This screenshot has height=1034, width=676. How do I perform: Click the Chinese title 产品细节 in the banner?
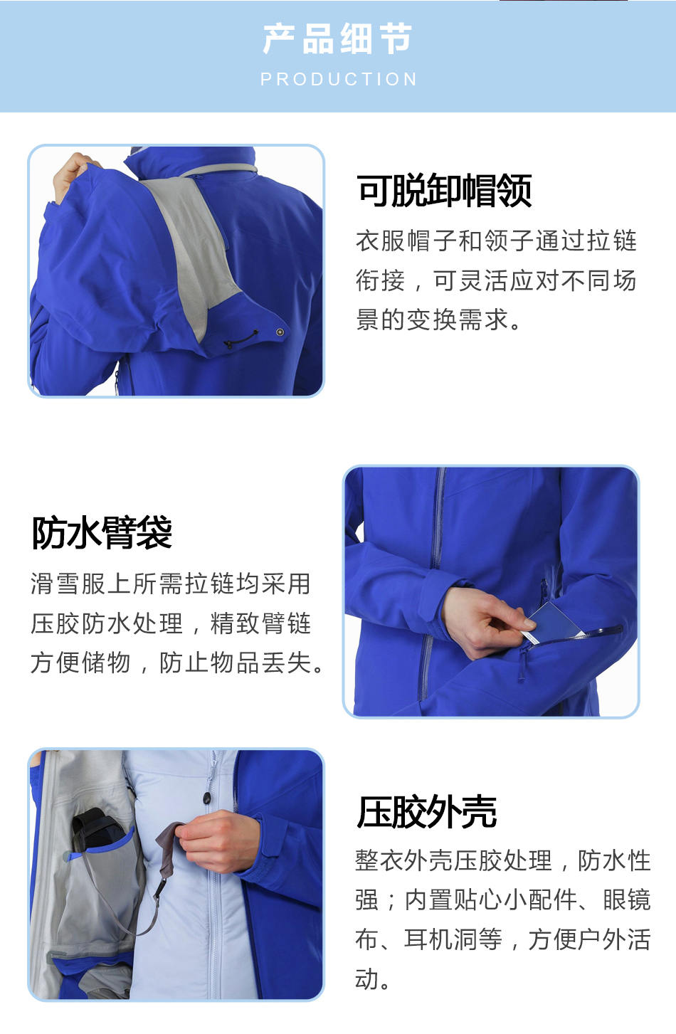click(337, 38)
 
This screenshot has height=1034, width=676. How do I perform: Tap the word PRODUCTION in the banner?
click(339, 80)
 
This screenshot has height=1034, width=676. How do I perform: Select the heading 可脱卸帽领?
click(444, 190)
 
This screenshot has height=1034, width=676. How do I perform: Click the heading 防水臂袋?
click(102, 533)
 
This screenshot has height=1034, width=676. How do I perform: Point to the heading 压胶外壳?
click(426, 812)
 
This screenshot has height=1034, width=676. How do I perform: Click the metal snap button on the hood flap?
click(280, 332)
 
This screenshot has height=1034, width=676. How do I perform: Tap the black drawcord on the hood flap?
click(241, 339)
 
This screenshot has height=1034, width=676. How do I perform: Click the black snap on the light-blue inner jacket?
click(207, 797)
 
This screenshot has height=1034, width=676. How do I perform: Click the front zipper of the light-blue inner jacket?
click(213, 877)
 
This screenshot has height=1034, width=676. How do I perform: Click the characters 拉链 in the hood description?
click(612, 241)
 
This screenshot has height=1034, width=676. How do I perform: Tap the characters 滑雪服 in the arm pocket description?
click(68, 584)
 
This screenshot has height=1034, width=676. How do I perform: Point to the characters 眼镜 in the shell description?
click(627, 900)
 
